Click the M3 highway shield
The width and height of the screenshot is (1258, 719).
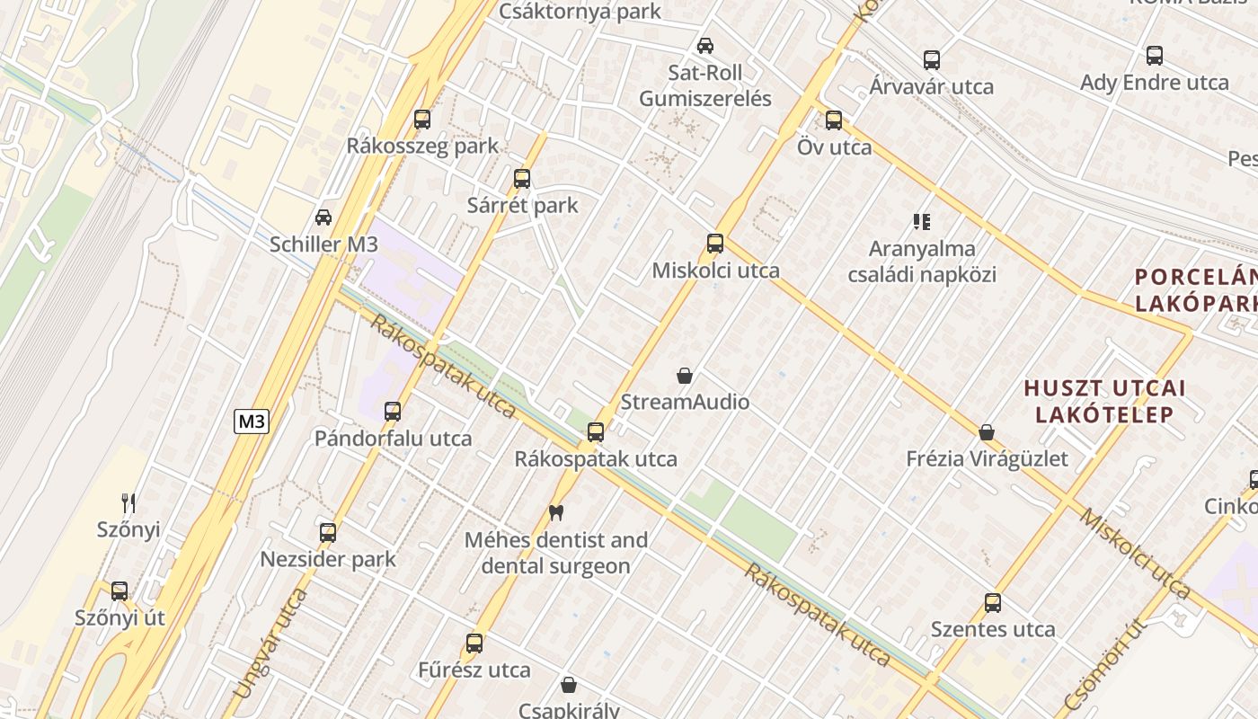[252, 422]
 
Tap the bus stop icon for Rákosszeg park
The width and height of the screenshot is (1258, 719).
[421, 119]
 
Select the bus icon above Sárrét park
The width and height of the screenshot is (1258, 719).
[522, 178]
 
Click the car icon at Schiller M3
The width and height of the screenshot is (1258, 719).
[323, 217]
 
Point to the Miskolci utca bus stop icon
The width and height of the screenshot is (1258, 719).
[715, 243]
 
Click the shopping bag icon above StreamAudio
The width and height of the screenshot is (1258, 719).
[685, 375]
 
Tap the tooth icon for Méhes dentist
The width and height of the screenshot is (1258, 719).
[555, 512]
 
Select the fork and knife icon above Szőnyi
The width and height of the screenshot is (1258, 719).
[128, 502]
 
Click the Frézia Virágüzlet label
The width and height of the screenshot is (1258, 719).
[987, 459]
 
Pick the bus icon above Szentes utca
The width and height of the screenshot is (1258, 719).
[992, 602]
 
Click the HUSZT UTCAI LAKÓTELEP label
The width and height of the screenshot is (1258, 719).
[1104, 401]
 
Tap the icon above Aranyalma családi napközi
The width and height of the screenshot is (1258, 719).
[922, 221]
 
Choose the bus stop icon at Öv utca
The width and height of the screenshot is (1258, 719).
[834, 120]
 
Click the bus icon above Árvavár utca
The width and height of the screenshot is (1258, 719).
[932, 59]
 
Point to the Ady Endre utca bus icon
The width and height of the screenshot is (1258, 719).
[1155, 55]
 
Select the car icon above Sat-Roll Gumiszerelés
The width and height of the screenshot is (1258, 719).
[705, 45]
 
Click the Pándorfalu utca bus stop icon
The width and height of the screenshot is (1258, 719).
[393, 411]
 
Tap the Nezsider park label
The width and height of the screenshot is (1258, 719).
[328, 559]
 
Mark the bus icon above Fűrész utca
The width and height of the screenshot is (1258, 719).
[474, 643]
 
